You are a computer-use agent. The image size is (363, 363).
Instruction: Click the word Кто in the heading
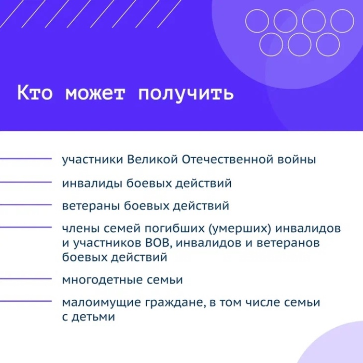(35, 93)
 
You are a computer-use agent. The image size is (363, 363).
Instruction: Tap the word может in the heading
(95, 94)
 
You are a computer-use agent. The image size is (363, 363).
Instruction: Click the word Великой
(153, 160)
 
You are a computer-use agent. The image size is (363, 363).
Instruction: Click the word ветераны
(91, 206)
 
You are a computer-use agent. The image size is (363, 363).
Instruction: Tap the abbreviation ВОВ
(159, 243)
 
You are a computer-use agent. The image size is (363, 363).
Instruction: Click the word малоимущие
(102, 303)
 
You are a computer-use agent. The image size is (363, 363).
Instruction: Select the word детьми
(93, 317)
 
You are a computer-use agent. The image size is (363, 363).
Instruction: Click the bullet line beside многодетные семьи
(26, 279)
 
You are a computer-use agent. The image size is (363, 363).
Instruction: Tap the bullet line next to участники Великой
(26, 159)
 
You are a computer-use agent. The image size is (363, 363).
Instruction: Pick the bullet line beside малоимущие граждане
(26, 301)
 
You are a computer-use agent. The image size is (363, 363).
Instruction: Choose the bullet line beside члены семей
(26, 227)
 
